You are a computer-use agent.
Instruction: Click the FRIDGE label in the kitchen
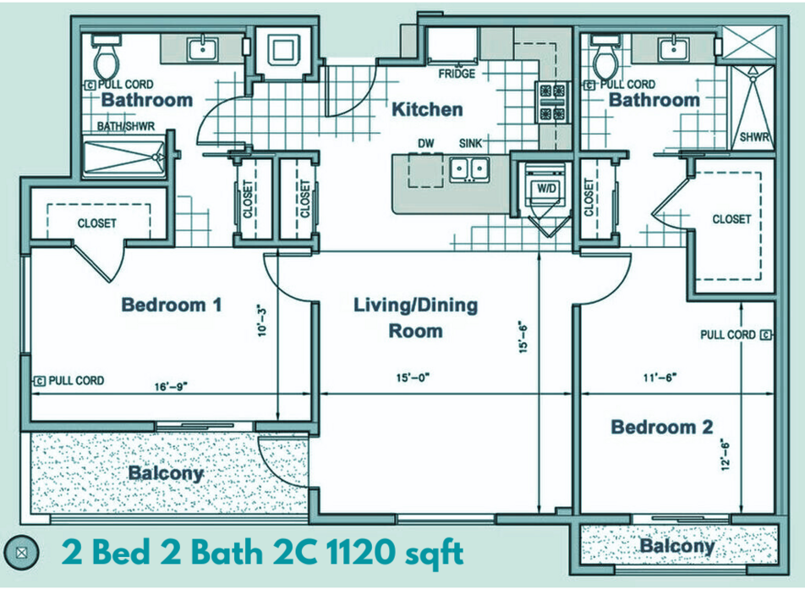coord(457,74)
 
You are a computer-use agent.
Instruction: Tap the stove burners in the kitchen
coord(553,102)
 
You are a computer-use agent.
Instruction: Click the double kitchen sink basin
coord(469,168)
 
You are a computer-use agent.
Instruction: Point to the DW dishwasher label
coord(425,144)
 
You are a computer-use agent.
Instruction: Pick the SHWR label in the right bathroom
coord(754,137)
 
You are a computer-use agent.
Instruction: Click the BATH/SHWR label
coord(126,126)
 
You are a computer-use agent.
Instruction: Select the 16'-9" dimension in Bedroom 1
coord(171,386)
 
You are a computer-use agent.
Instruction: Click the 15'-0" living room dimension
coord(413,378)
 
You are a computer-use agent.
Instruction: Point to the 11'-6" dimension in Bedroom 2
coord(660,378)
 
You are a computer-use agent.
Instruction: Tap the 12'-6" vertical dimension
coord(726,455)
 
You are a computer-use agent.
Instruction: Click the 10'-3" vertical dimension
coord(262,321)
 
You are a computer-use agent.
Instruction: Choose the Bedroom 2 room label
coord(662,427)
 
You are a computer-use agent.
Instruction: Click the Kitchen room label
coord(427,109)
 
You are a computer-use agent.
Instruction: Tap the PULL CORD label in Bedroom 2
coord(728,335)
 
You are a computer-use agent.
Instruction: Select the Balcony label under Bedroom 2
coord(677,546)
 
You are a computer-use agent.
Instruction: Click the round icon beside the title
coord(21,553)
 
